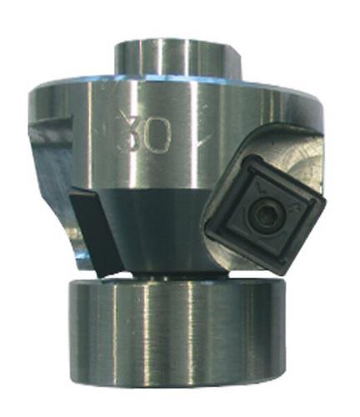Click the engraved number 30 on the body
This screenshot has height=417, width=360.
(143, 134)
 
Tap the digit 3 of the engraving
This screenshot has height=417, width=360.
(128, 134)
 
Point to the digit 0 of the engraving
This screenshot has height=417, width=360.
(157, 135)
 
